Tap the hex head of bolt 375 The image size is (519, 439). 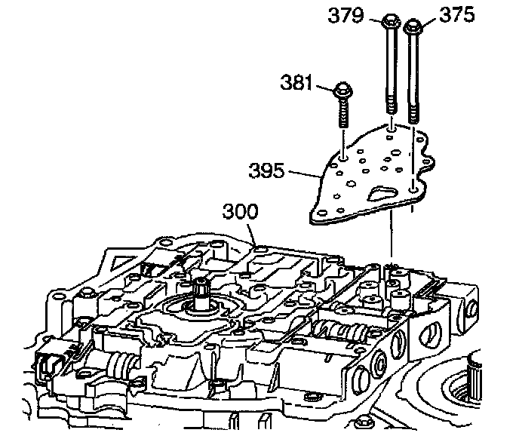click(413, 28)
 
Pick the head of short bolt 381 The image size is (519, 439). click(340, 91)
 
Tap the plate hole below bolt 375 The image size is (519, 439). click(412, 189)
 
